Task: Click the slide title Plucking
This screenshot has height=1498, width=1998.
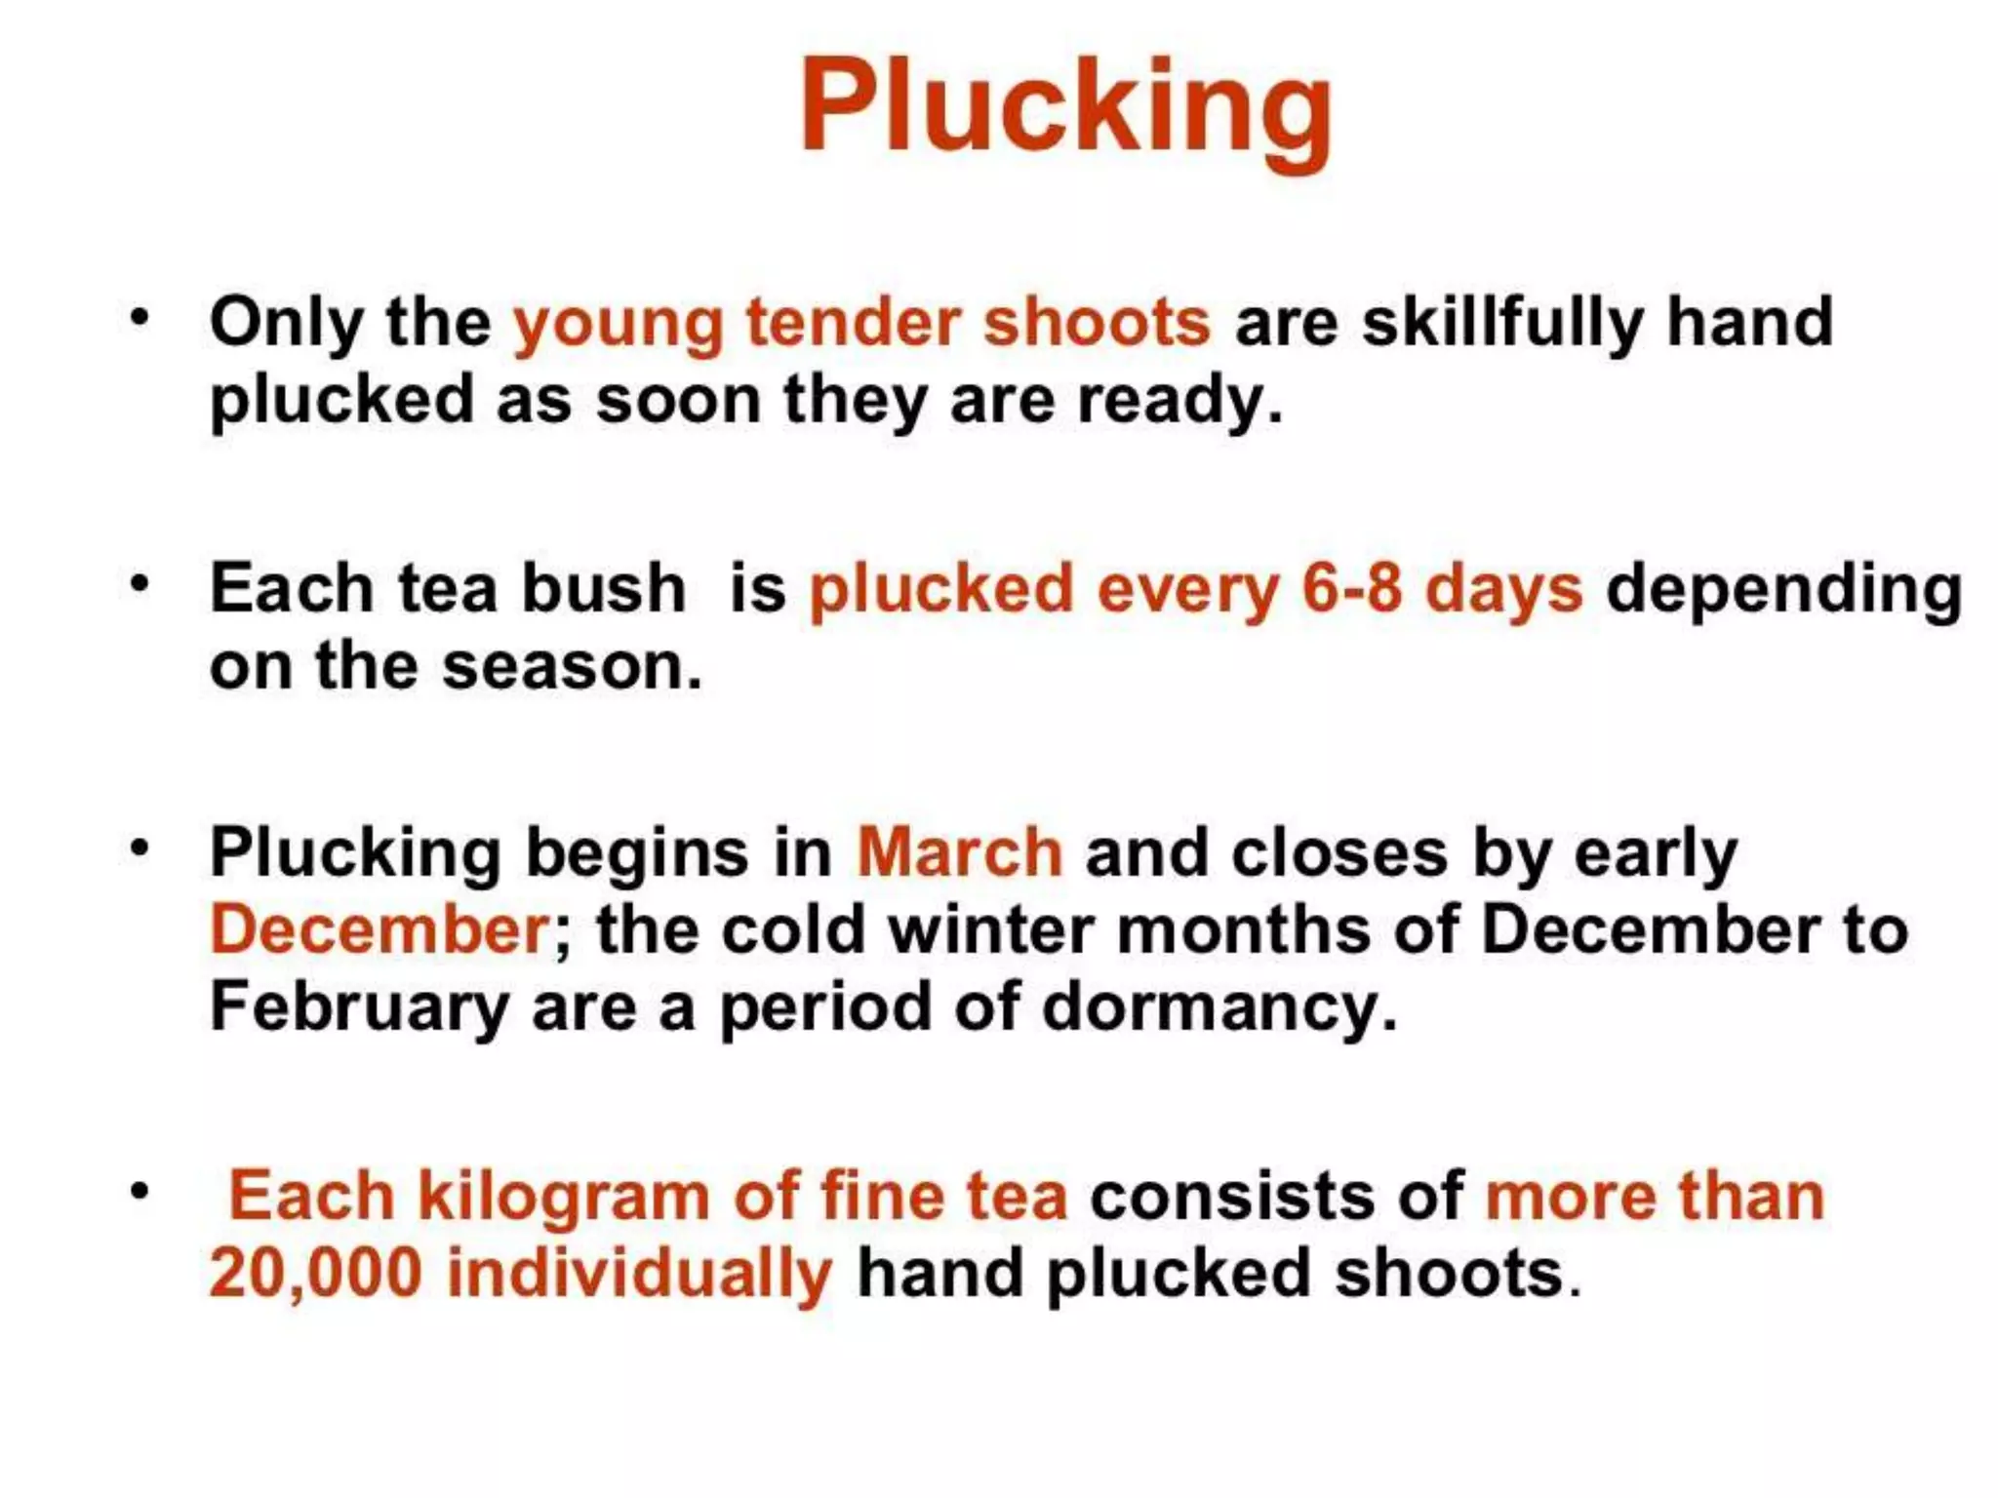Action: pos(1065,105)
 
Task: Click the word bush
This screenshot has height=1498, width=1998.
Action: pos(604,588)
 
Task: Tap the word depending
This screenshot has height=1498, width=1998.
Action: pos(1783,590)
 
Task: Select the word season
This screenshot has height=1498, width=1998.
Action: pos(571,666)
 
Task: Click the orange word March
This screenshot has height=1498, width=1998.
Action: pos(959,852)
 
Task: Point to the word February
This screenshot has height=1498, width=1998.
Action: pos(359,1006)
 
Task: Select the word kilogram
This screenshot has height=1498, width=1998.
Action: pos(563,1197)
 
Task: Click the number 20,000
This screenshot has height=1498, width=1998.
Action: pos(315,1274)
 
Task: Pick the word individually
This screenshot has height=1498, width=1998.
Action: pos(640,1274)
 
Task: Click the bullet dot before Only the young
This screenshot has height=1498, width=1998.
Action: pos(140,318)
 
